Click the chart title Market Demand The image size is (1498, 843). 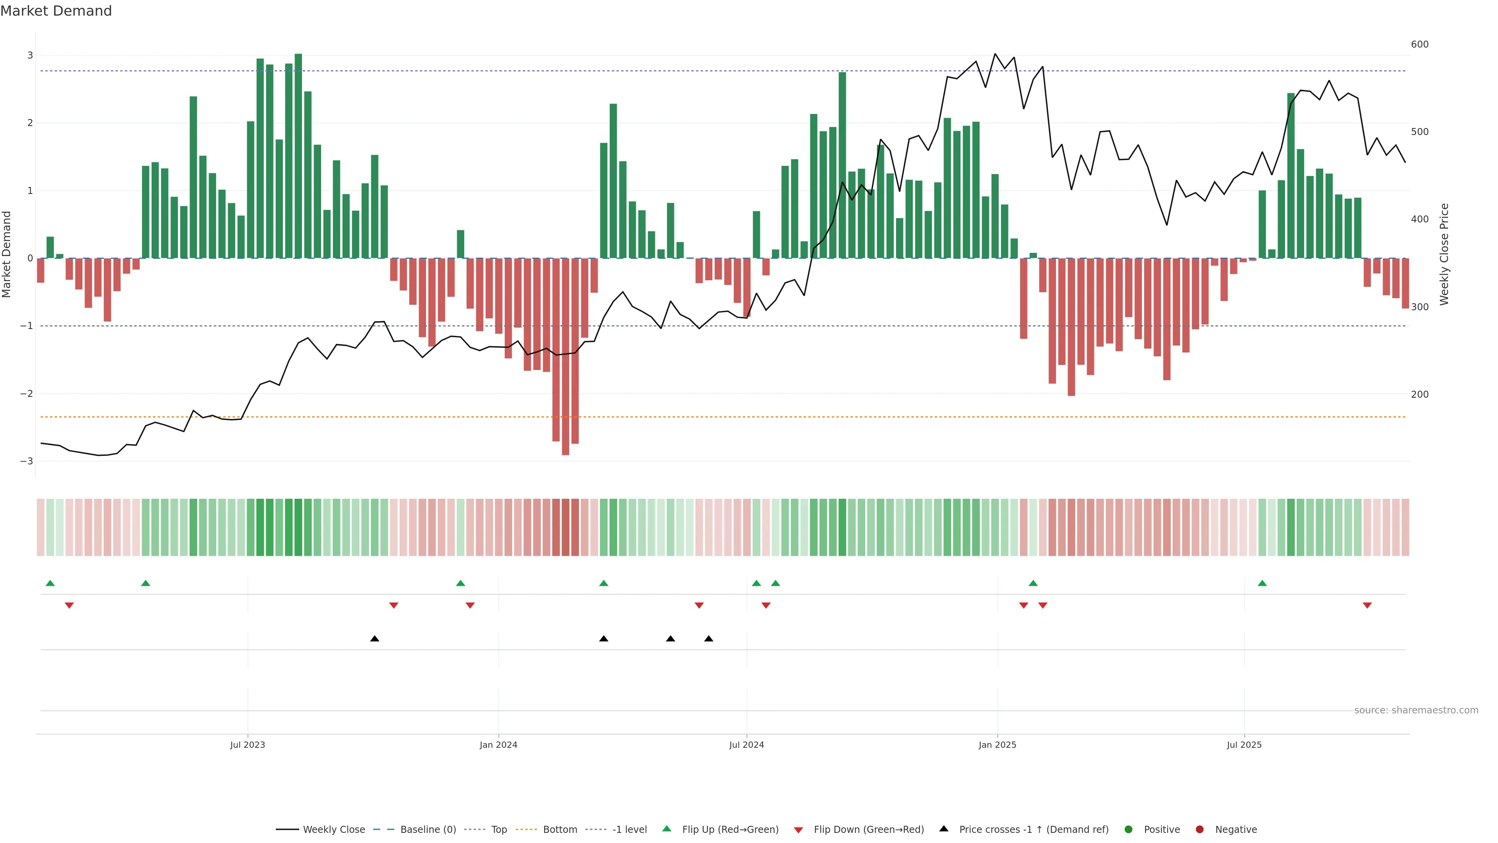point(56,11)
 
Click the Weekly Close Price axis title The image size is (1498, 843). point(1445,254)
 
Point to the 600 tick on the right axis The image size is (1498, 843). point(1420,44)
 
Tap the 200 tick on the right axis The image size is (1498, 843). point(1420,395)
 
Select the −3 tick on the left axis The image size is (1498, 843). point(26,461)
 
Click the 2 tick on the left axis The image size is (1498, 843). point(30,123)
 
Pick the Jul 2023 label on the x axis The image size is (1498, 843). point(247,745)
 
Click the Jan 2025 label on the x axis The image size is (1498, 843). point(997,745)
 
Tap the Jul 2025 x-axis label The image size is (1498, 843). point(1244,745)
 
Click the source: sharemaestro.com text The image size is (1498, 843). point(1416,710)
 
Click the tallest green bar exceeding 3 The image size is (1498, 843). point(298,156)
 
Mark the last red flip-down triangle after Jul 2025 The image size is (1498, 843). point(1367,606)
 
